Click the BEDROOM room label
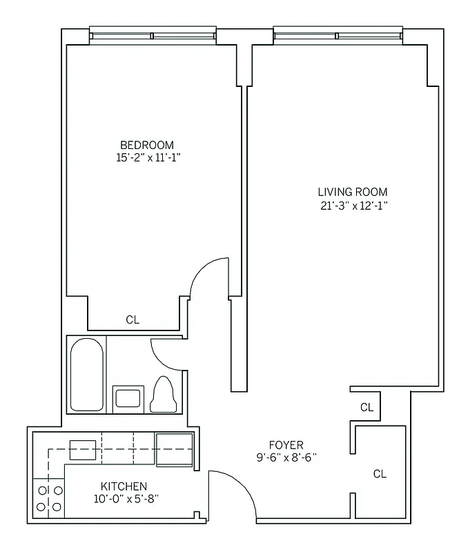147,145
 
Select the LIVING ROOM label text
352,192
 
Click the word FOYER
286,445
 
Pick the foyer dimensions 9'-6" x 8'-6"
286,457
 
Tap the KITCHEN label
124,486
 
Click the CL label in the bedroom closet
133,320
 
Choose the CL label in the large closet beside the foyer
380,474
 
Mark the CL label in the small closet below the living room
367,408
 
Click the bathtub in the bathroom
87,374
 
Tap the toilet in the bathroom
163,394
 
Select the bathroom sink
128,398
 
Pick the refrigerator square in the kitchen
174,449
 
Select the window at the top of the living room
338,35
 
